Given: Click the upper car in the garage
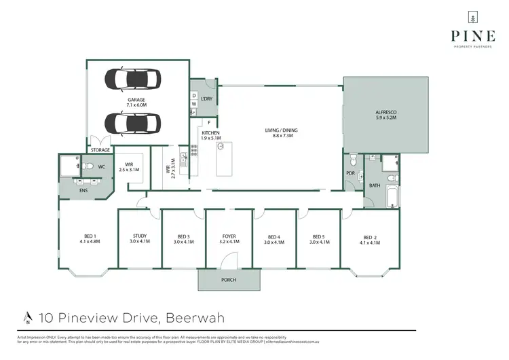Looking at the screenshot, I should click(133, 79).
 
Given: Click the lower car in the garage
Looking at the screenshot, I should click(133, 123).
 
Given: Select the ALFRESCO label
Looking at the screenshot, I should click(385, 113).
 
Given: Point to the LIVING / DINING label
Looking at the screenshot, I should click(281, 130).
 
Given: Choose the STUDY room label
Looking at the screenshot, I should click(139, 237).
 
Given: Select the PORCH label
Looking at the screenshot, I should click(229, 279).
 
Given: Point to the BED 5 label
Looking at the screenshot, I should click(319, 237).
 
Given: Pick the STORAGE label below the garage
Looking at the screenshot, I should click(100, 150).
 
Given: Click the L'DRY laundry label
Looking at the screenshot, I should click(206, 99).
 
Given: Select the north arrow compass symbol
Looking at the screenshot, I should click(27, 317).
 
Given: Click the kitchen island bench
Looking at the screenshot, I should click(221, 158).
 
